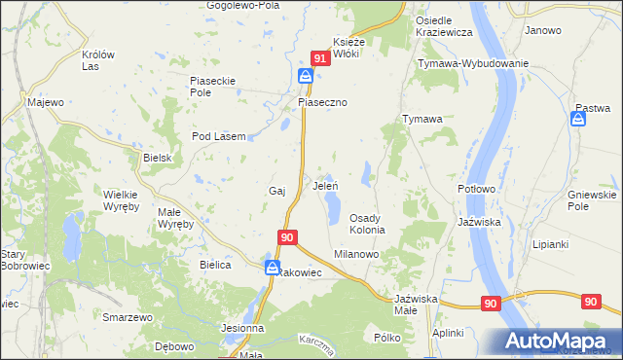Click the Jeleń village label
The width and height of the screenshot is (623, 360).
click(x=324, y=185)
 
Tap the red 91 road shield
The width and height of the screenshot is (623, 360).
click(x=318, y=58)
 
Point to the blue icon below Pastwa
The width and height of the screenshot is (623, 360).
click(x=577, y=119)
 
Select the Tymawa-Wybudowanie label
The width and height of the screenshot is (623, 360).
click(x=472, y=63)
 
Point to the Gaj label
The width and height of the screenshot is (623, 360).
click(x=275, y=191)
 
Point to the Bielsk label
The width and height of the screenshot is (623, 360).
click(x=157, y=158)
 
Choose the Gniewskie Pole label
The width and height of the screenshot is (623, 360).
click(x=592, y=201)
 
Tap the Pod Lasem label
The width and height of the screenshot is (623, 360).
click(x=218, y=136)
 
